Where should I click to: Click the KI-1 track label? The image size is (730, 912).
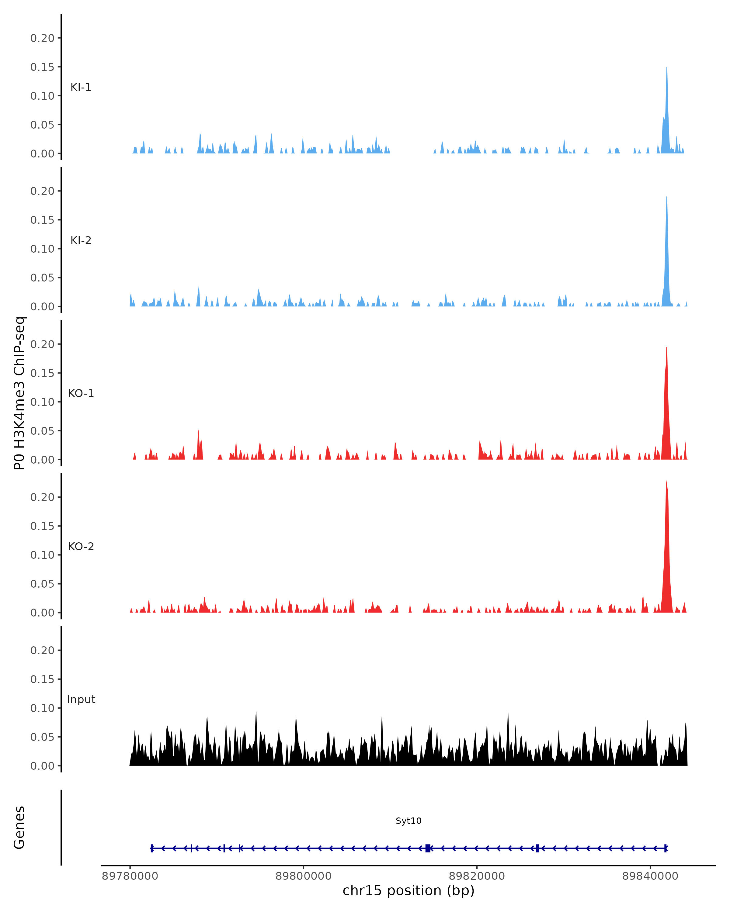coord(81,88)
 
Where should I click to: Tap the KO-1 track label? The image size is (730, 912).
coord(81,393)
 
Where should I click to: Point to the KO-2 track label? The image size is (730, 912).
coord(81,547)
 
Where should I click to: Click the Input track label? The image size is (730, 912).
coord(81,699)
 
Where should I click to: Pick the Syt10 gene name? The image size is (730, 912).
coord(408,820)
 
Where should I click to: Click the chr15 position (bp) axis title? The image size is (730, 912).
coord(408,891)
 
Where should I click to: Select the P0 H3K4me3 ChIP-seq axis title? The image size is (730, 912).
coord(19,393)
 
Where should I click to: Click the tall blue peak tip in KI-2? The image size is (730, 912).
coord(666,197)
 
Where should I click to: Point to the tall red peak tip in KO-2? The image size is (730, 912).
coord(666,481)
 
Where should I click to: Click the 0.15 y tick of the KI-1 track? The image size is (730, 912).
coord(42,67)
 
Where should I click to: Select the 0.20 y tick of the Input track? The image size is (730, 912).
coord(42,650)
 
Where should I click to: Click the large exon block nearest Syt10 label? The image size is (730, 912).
coord(428,848)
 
